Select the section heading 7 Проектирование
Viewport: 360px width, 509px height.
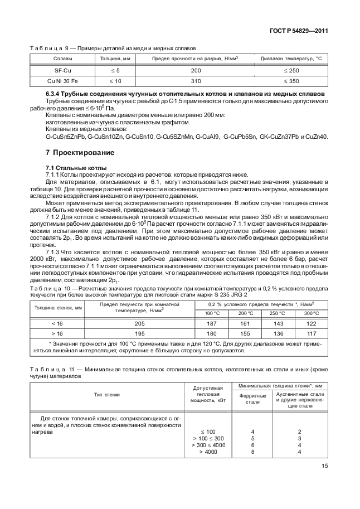click(x=80, y=152)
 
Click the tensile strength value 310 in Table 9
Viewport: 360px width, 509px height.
click(x=196, y=81)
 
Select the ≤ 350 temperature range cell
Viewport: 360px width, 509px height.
click(x=291, y=81)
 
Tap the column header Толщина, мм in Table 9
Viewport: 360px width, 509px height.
click(x=115, y=59)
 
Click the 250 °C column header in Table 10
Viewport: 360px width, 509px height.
click(x=277, y=313)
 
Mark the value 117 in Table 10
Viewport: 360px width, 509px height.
click(x=311, y=333)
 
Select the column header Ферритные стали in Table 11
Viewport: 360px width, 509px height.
click(x=252, y=399)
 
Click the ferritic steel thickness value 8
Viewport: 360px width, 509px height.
click(x=252, y=452)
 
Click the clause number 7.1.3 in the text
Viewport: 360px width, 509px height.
click(x=55, y=251)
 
